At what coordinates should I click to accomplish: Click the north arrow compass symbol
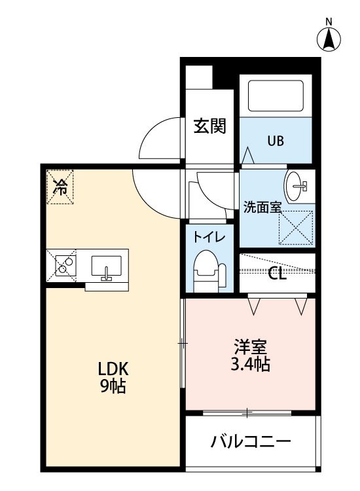tap(329, 39)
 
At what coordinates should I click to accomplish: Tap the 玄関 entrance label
tap(209, 126)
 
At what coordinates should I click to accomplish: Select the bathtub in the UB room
tap(276, 96)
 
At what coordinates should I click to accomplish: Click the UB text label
tap(276, 141)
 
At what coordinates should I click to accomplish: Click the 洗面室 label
tap(262, 207)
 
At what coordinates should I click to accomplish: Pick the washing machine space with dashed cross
tap(296, 227)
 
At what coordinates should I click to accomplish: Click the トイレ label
tap(209, 237)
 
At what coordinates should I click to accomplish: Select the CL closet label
tap(277, 274)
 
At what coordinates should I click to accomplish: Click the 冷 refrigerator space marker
tap(60, 187)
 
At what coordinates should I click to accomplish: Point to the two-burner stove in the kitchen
tap(65, 266)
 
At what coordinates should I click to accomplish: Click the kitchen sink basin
tap(107, 266)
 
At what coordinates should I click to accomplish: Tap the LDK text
tap(113, 369)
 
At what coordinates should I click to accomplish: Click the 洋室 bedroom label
tap(251, 347)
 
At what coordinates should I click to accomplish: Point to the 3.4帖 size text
tap(251, 364)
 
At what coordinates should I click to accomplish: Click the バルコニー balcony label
tap(251, 442)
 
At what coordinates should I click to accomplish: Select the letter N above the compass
tap(329, 22)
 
